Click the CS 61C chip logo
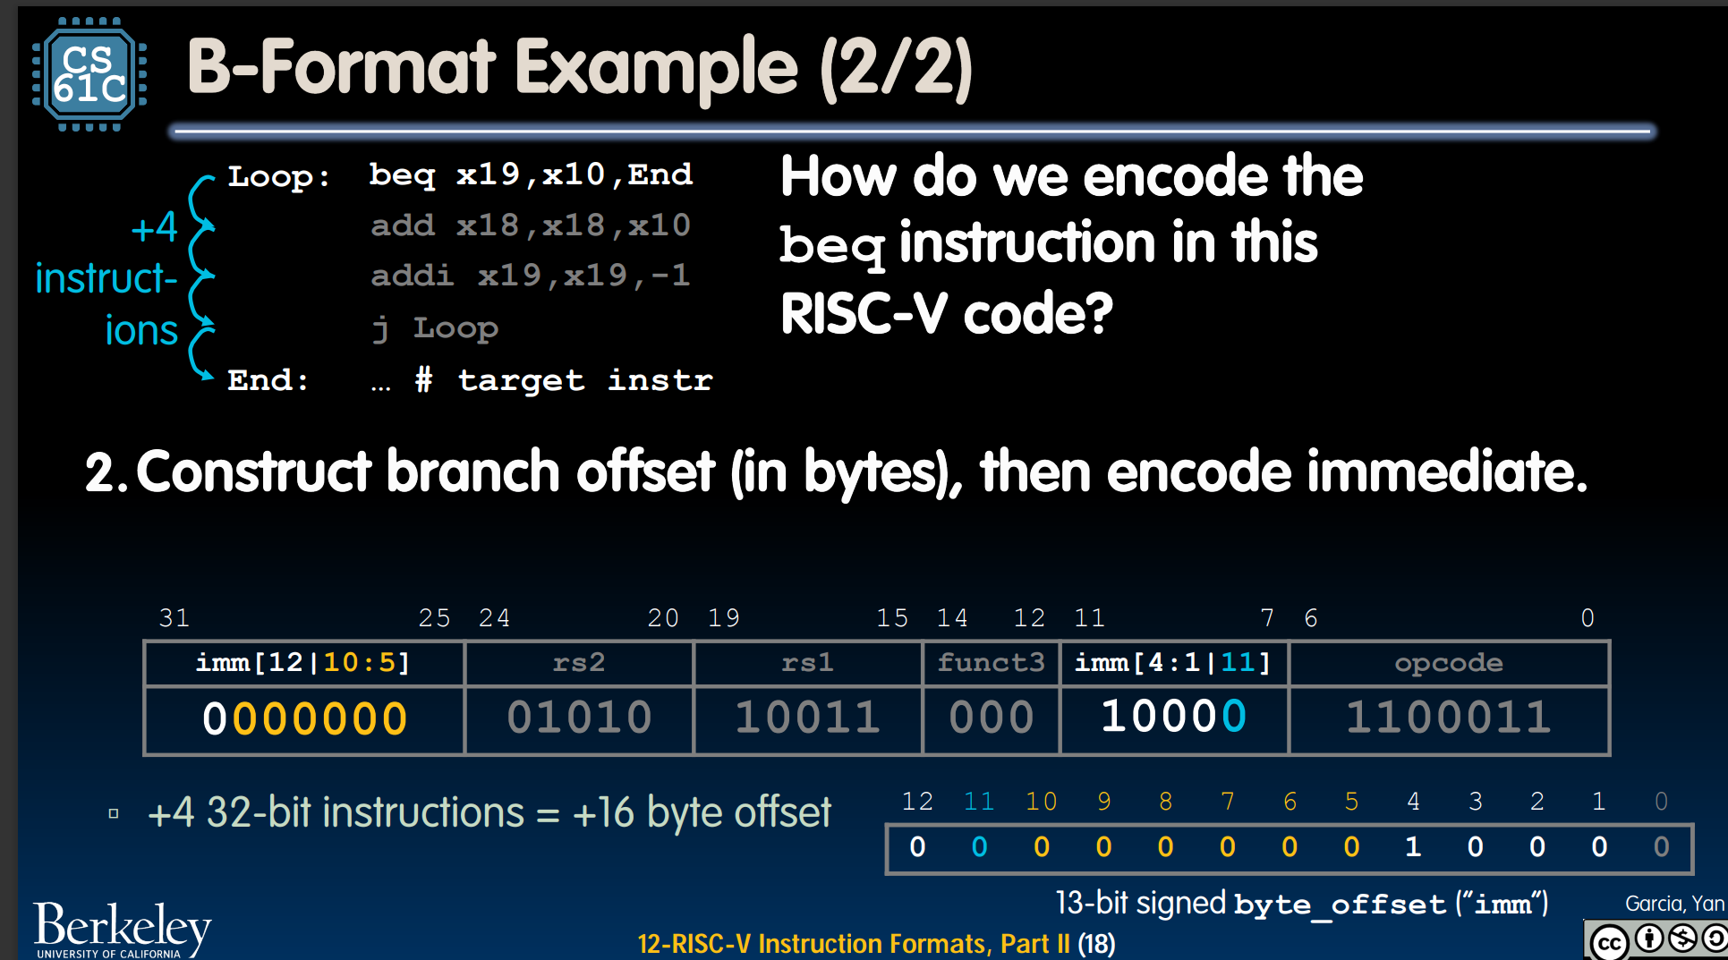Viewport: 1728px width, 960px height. [x=89, y=75]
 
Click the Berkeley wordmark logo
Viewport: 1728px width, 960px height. [x=123, y=930]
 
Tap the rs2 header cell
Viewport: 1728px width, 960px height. [x=579, y=663]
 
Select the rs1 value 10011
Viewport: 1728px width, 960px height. [x=808, y=718]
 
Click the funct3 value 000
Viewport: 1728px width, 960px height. [x=992, y=718]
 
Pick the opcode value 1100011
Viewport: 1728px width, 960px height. [x=1449, y=718]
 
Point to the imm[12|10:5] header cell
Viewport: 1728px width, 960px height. [x=303, y=663]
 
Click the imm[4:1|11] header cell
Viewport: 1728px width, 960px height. [x=1173, y=663]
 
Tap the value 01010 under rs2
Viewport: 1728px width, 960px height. [x=579, y=718]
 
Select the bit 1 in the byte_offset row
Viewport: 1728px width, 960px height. [x=1413, y=846]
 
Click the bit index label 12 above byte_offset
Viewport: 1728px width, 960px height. [x=917, y=801]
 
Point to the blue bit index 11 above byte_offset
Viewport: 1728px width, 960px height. [x=979, y=801]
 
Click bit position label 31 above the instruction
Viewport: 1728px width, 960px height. [x=174, y=618]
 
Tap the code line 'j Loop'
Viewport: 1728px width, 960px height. [x=435, y=328]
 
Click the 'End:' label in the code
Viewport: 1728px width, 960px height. [x=268, y=380]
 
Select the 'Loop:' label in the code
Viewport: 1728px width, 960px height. [x=278, y=176]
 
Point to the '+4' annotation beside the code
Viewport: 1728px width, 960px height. [x=154, y=227]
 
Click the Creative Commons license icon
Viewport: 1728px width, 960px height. [x=1656, y=940]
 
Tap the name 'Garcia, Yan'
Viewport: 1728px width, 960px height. [x=1674, y=904]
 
